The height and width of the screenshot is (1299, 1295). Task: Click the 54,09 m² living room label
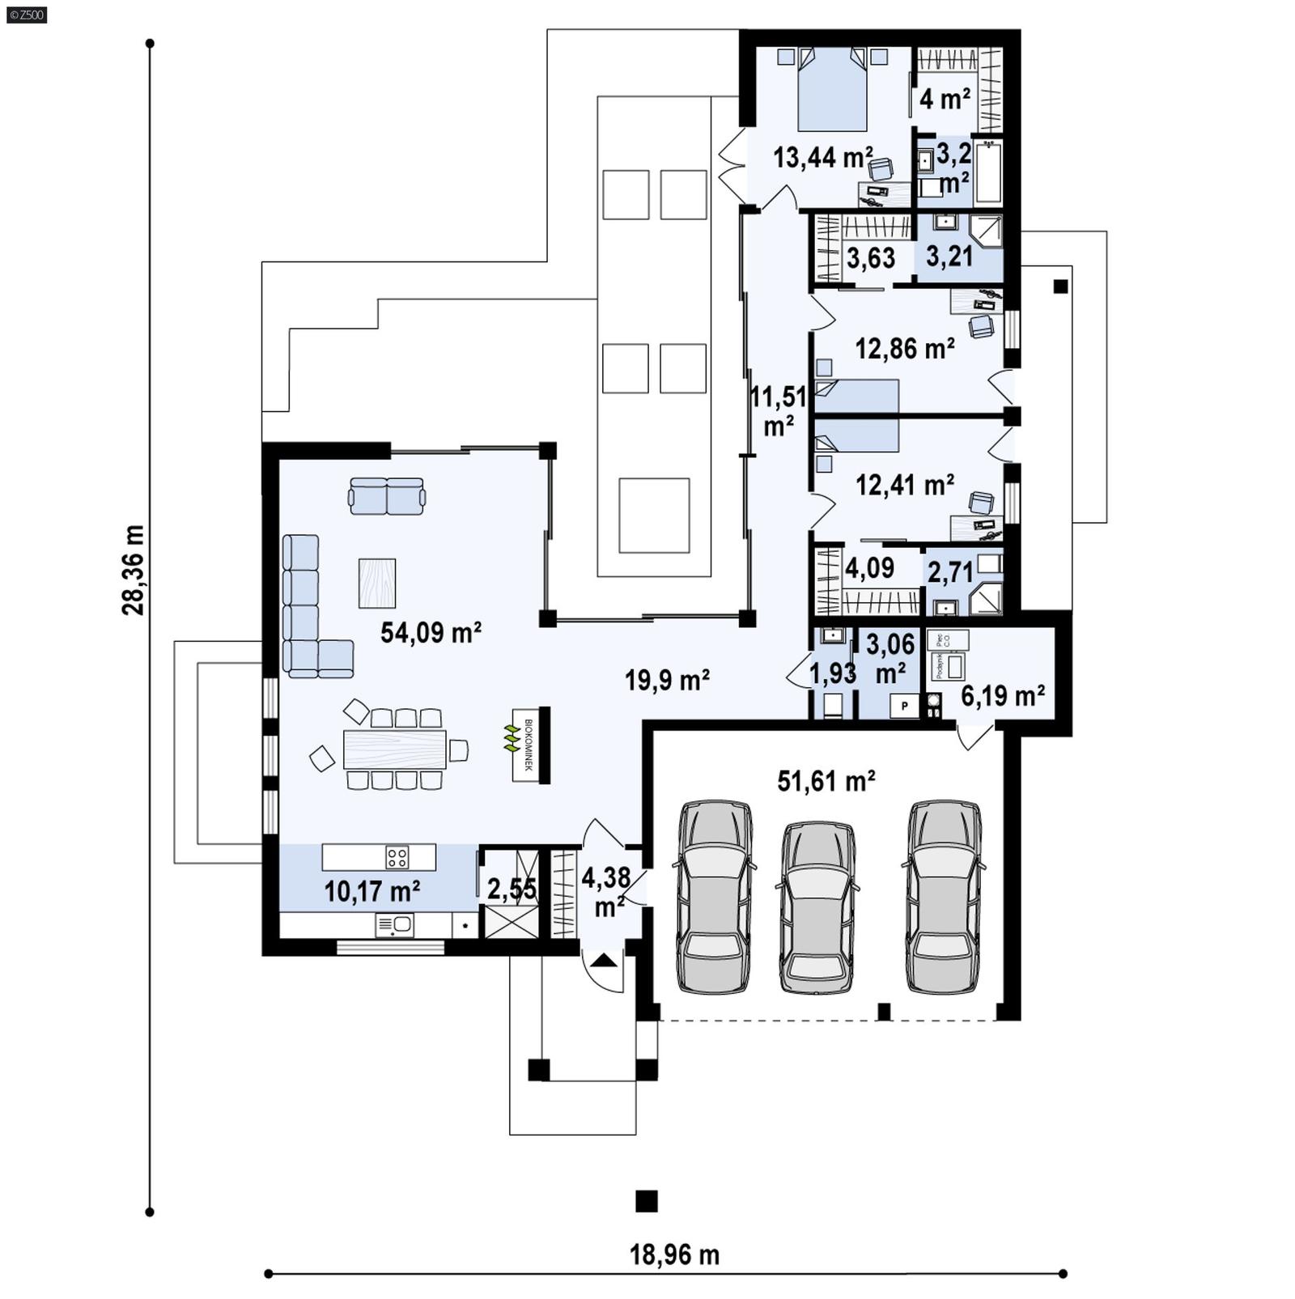(x=431, y=632)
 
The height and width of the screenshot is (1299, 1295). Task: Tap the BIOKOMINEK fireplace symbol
(x=529, y=745)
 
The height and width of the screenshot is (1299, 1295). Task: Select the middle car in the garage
(x=817, y=906)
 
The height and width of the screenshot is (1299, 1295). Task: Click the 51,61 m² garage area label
(x=826, y=781)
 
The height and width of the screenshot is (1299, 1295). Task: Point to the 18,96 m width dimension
(x=674, y=1254)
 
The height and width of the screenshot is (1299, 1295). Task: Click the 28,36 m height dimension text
(x=134, y=570)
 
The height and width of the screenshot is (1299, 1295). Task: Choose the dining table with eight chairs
(x=394, y=749)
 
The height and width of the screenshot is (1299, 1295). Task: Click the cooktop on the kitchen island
(x=397, y=856)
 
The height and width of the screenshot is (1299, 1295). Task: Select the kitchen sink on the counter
(x=394, y=924)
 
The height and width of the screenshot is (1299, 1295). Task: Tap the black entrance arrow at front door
(x=604, y=962)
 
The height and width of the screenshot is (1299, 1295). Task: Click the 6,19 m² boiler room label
(x=1002, y=694)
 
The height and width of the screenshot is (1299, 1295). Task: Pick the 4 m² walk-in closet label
(x=945, y=99)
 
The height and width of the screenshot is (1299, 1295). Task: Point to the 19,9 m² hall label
(x=667, y=680)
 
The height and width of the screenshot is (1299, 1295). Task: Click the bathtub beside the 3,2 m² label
(x=988, y=172)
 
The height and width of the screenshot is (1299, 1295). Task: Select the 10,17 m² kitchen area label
(x=372, y=891)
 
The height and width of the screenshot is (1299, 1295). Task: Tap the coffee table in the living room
(x=377, y=583)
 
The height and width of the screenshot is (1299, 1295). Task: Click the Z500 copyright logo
(x=26, y=14)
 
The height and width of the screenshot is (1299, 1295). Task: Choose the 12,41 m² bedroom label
(x=904, y=485)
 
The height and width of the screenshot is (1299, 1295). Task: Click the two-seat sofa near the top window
(x=387, y=496)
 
